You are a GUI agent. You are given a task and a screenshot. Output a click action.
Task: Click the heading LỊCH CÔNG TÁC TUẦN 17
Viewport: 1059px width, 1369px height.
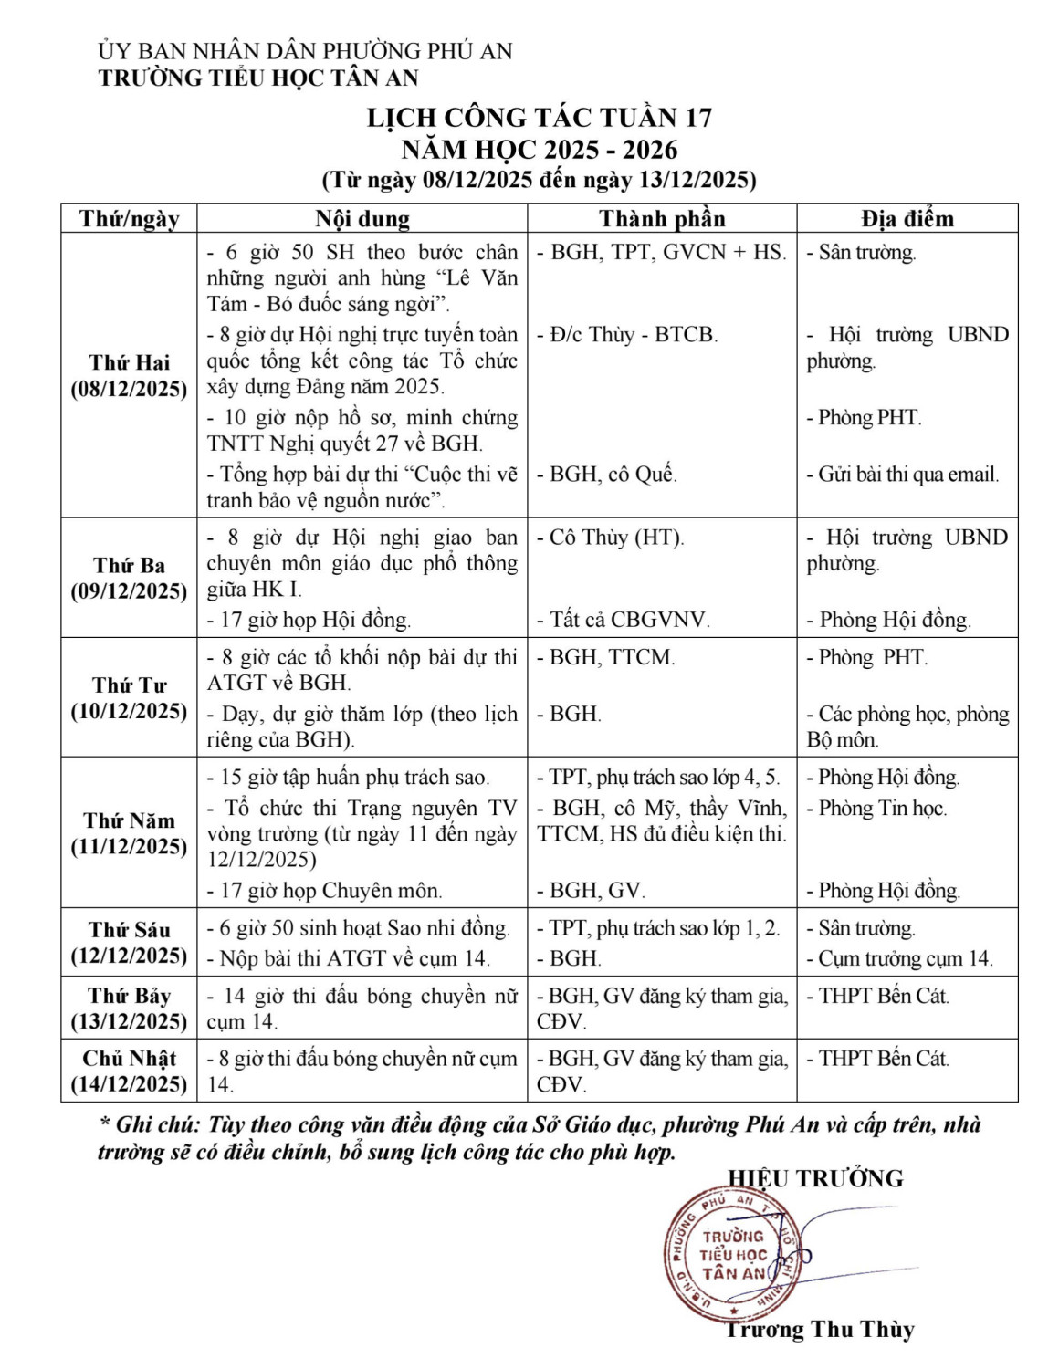point(539,118)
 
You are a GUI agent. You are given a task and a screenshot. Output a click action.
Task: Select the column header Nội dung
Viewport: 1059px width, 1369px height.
point(362,219)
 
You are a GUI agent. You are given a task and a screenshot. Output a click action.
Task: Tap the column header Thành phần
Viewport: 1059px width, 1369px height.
point(662,219)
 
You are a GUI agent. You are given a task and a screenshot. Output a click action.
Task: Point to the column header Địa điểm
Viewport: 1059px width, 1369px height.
point(907,219)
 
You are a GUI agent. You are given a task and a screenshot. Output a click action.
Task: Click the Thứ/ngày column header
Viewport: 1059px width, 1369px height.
point(129,219)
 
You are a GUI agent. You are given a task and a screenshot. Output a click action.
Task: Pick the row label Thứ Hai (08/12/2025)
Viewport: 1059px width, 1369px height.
point(129,376)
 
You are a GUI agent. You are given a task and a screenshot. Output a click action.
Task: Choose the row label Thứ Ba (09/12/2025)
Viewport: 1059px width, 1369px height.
point(129,578)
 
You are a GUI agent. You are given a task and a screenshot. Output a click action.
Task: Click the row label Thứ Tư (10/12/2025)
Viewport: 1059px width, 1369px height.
point(129,697)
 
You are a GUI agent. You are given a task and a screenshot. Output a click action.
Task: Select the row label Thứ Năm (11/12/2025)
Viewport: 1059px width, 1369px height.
point(129,832)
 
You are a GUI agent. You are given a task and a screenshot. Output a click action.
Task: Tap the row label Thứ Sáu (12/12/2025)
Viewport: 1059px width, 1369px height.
point(129,942)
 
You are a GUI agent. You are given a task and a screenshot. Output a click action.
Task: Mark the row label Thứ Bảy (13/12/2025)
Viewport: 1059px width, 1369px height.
point(129,1008)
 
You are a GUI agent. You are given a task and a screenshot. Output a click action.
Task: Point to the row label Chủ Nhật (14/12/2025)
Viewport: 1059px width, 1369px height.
point(129,1071)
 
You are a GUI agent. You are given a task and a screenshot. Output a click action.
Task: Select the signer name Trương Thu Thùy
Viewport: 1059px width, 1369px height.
point(819,1330)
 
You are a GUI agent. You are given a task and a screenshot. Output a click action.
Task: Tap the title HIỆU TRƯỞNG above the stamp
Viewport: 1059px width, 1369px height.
point(815,1178)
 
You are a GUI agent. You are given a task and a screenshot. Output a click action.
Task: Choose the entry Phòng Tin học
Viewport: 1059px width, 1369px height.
point(881,808)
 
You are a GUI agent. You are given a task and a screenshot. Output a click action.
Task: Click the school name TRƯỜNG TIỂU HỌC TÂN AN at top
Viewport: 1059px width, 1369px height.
point(258,78)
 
